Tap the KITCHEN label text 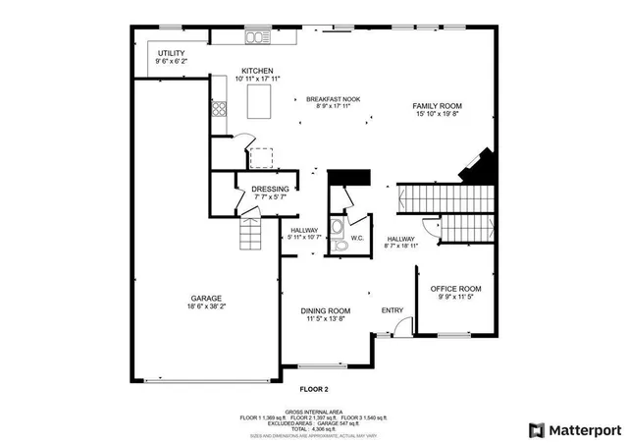tap(257, 71)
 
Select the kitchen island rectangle tap(260, 100)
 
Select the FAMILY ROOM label tap(437, 106)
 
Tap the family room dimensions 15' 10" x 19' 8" tap(437, 114)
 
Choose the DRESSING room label tap(270, 189)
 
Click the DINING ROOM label tap(325, 311)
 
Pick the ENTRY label tap(392, 311)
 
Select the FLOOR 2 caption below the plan tap(313, 389)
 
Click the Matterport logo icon tap(536, 429)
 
